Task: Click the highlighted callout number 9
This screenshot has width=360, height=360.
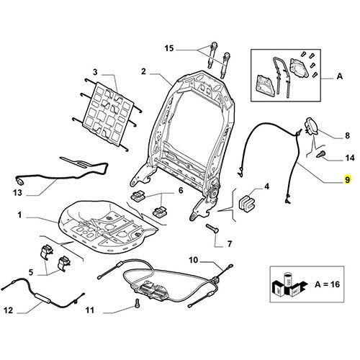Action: (x=348, y=179)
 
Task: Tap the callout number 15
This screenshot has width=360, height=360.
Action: (x=169, y=48)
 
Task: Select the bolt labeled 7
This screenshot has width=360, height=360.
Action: (x=212, y=228)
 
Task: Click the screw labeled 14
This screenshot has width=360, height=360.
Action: (x=321, y=153)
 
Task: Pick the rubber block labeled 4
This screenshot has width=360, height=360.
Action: (x=247, y=203)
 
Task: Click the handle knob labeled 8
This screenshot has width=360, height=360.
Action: (x=311, y=125)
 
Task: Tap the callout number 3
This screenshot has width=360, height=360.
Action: (x=96, y=72)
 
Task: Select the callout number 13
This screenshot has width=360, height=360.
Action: (x=17, y=192)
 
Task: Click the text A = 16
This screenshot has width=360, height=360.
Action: (x=327, y=284)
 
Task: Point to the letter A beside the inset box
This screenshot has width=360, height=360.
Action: (x=339, y=76)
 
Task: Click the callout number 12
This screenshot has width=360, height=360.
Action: (x=9, y=310)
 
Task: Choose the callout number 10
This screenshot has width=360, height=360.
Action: (x=194, y=260)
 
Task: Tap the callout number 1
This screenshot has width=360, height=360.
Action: (x=19, y=215)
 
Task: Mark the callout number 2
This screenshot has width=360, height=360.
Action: (x=143, y=71)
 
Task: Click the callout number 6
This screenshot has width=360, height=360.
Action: (x=181, y=191)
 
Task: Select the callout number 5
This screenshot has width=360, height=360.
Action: (x=31, y=272)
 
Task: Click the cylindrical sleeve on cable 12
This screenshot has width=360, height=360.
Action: (x=42, y=298)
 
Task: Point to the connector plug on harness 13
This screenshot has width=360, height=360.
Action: (x=19, y=181)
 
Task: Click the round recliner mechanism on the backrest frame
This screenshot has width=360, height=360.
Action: (x=213, y=192)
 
